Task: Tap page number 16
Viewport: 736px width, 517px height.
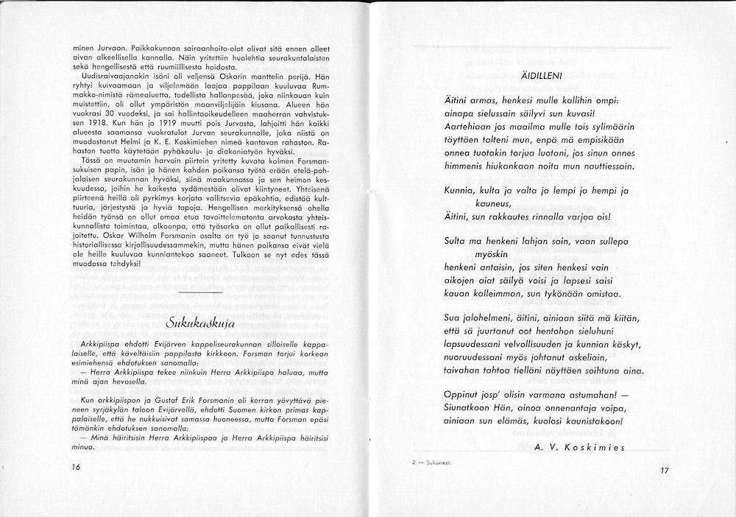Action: point(77,467)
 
